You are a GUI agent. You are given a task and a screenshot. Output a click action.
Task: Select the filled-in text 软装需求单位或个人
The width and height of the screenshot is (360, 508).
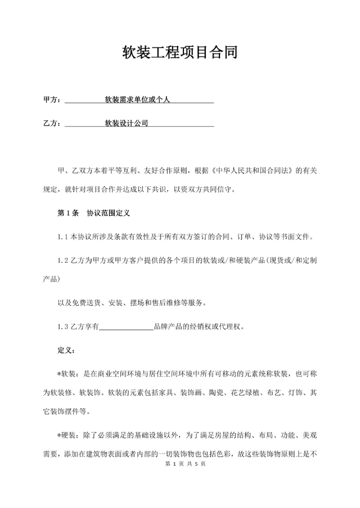click(x=137, y=100)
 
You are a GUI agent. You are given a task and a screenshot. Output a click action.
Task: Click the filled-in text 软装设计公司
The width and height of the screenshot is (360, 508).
click(x=126, y=123)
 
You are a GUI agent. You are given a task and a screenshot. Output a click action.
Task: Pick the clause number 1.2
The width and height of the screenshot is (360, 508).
click(x=63, y=261)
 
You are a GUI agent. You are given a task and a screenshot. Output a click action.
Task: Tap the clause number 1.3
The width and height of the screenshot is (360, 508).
click(x=63, y=328)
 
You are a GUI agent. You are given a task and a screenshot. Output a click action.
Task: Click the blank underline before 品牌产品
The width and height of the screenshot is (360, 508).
click(x=127, y=328)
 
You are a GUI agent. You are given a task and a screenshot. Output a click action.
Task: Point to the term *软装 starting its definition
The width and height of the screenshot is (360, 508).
click(x=67, y=374)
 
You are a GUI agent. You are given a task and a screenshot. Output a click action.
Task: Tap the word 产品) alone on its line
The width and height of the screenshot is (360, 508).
click(x=51, y=279)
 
